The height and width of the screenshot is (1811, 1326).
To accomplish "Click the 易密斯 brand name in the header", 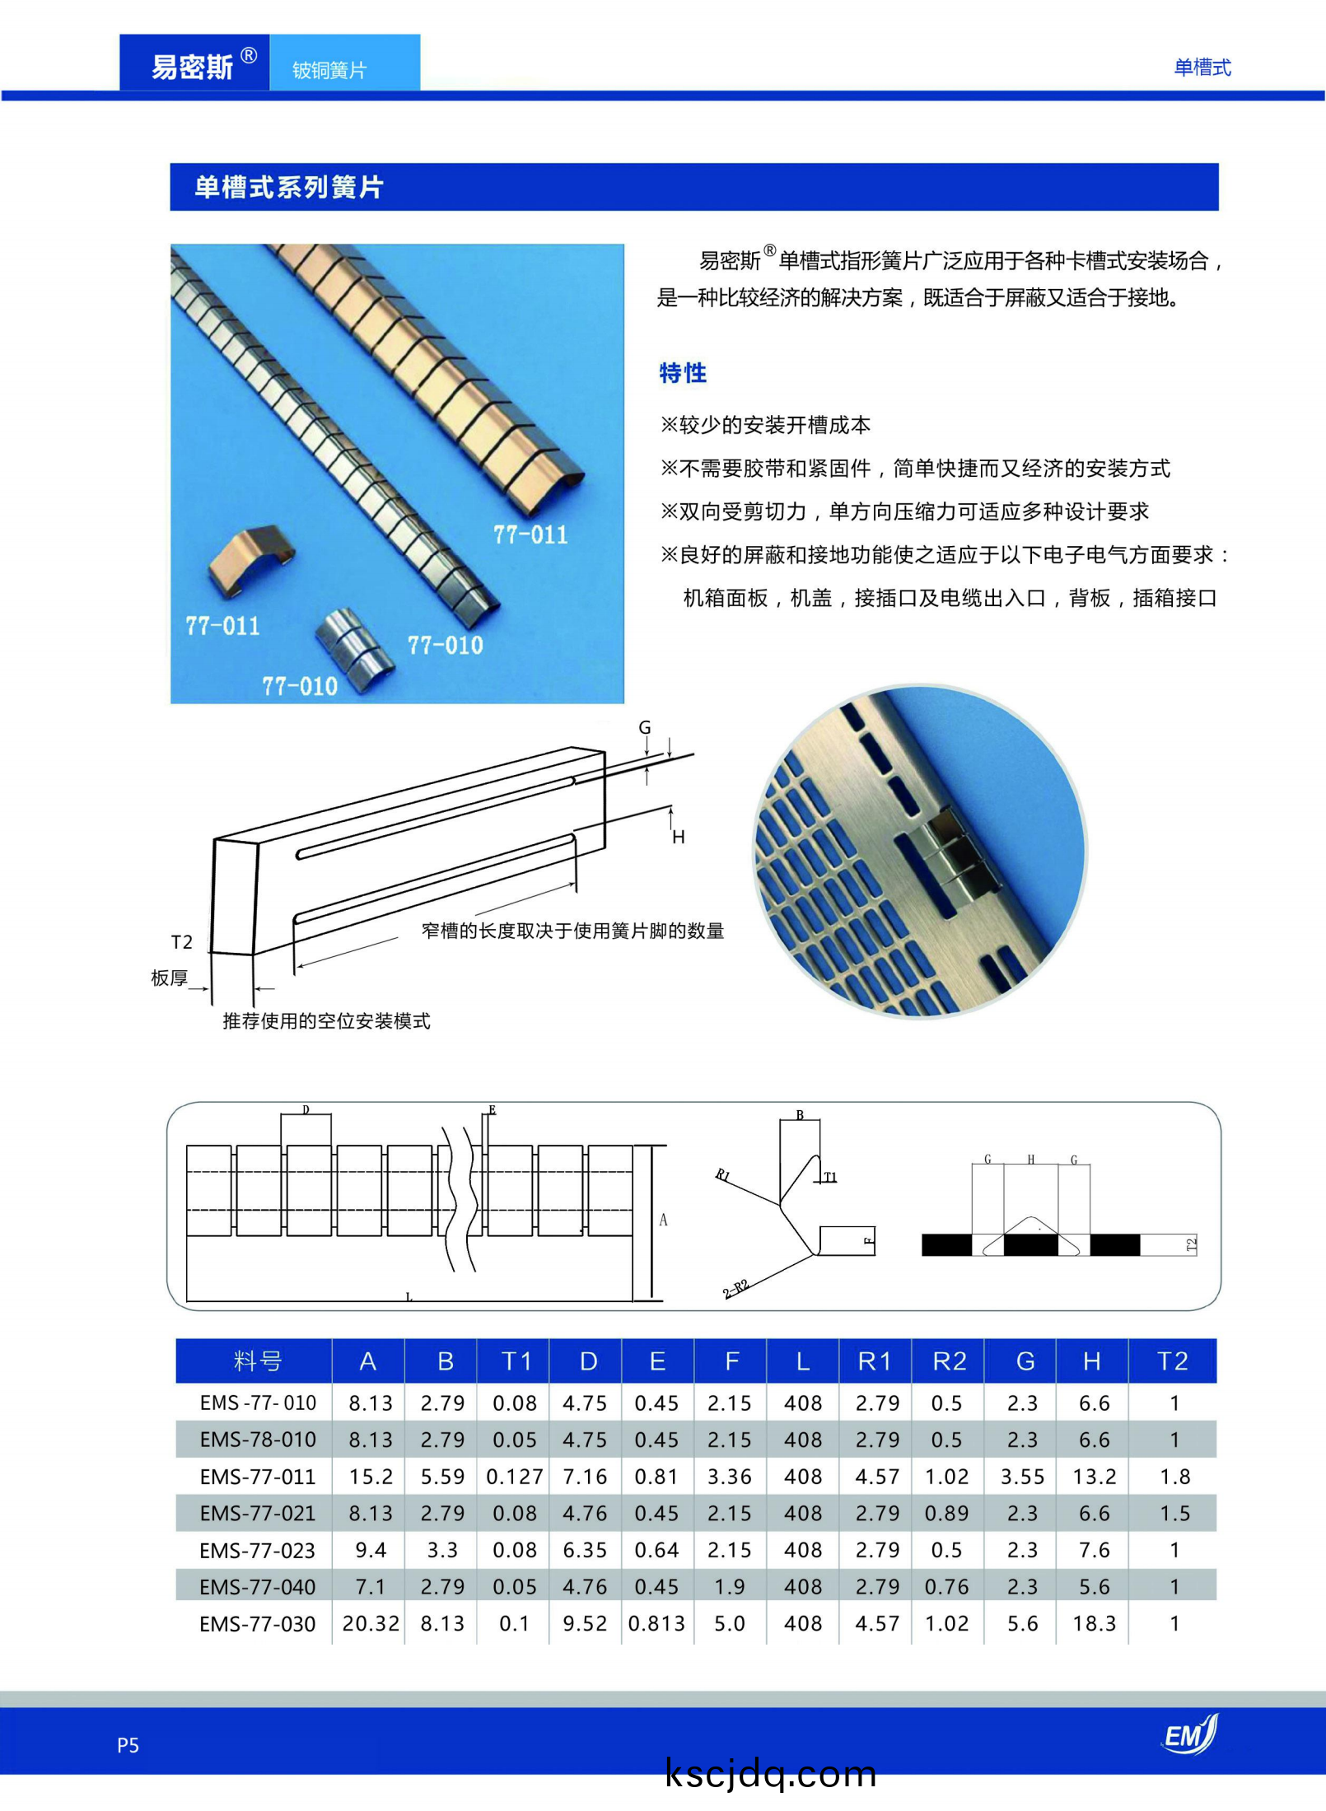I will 193,67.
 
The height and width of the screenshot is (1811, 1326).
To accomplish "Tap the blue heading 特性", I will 683,373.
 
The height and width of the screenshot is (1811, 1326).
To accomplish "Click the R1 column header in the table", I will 874,1361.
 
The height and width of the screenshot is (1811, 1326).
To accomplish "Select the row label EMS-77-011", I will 258,1477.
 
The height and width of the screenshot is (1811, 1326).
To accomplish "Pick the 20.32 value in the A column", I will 371,1623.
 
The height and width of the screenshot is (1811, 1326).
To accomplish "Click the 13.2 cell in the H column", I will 1094,1477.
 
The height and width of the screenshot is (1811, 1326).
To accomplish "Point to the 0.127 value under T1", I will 515,1477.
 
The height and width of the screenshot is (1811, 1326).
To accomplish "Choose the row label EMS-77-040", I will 258,1587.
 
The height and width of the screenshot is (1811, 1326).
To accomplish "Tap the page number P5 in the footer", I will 128,1745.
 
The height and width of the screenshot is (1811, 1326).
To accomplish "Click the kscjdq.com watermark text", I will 770,1774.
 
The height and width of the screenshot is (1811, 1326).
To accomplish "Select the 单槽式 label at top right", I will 1202,68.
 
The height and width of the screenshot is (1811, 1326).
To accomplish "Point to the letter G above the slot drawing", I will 645,728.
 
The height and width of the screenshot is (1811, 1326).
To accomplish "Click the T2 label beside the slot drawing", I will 181,942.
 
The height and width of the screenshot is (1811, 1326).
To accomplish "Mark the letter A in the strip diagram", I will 663,1220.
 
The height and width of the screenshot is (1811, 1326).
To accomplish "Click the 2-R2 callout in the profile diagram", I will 735,1288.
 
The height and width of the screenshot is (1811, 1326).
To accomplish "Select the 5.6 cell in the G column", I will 1022,1623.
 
